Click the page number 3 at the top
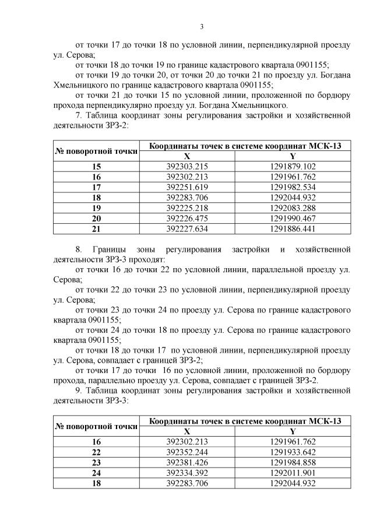pos(202,26)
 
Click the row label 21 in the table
pos(96,229)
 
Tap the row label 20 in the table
pos(96,218)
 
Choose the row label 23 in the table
pos(96,462)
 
